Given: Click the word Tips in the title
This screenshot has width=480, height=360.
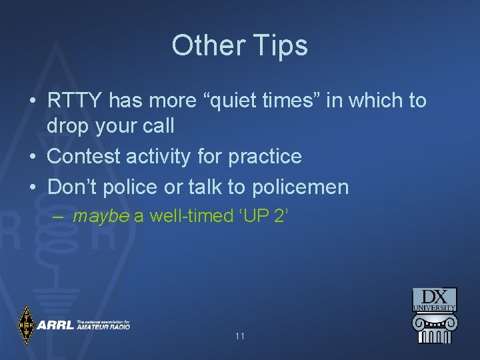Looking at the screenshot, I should (280, 46).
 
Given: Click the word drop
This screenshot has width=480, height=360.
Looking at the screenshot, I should (69, 125).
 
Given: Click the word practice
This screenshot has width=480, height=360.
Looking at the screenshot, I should (265, 157).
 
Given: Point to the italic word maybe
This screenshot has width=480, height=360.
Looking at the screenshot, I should (101, 216).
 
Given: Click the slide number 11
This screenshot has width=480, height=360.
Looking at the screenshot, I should (240, 336).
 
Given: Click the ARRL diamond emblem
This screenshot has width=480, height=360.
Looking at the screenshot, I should (26, 325).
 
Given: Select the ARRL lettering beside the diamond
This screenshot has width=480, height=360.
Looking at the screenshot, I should (55, 325).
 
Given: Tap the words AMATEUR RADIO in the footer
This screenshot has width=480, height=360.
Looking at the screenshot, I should (103, 327).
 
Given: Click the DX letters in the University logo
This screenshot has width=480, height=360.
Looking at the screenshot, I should (435, 297).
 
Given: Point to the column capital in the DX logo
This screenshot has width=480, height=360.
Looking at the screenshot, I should (434, 321).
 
